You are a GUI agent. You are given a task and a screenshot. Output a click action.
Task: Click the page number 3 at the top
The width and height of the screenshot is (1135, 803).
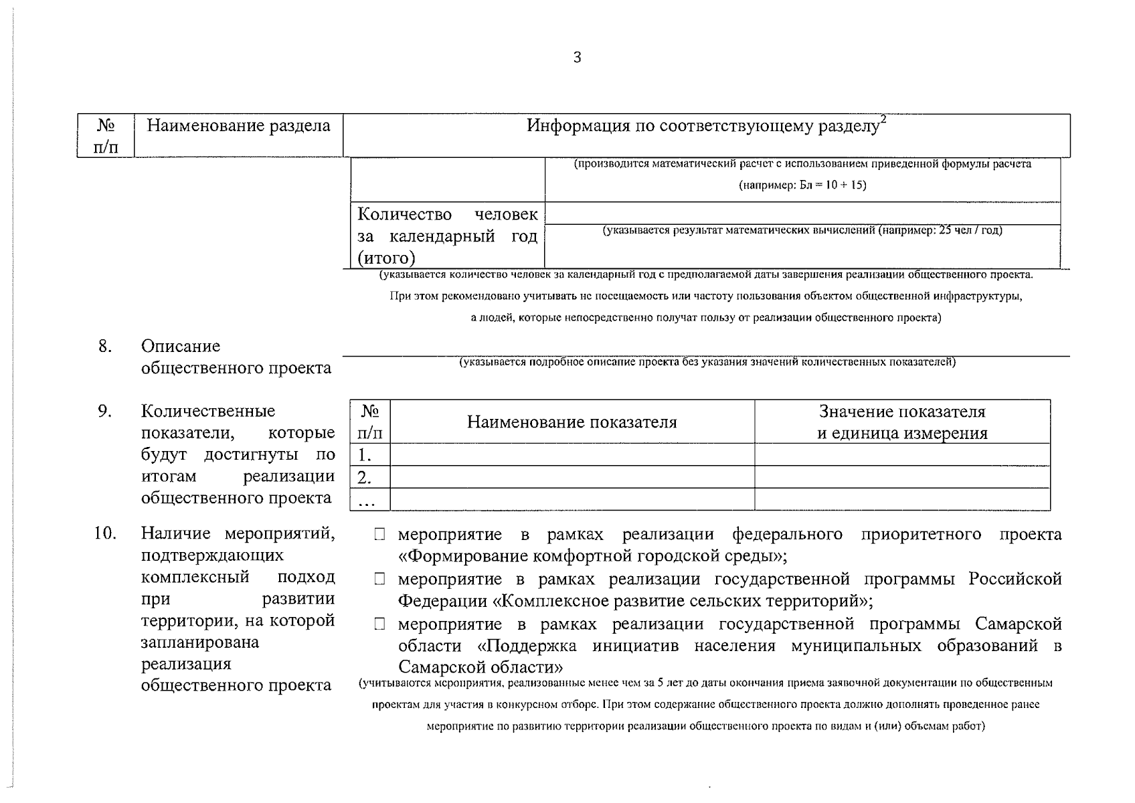[577, 58]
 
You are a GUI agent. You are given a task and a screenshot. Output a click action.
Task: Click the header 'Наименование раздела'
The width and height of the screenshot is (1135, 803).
[238, 126]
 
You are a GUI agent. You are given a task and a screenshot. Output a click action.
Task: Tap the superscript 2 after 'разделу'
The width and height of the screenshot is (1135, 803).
[883, 119]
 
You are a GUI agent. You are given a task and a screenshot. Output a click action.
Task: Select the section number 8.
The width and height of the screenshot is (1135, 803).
[104, 346]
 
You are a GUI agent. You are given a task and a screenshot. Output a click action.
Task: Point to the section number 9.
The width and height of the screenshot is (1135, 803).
[104, 411]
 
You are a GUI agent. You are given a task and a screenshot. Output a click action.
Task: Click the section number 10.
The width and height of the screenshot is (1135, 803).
[105, 533]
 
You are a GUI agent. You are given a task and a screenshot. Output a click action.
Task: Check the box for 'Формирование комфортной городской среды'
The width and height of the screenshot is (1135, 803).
[380, 535]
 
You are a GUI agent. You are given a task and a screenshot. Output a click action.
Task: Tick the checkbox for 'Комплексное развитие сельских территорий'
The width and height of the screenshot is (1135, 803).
[380, 579]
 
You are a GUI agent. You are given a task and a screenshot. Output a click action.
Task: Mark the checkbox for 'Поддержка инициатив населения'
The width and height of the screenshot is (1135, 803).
[380, 624]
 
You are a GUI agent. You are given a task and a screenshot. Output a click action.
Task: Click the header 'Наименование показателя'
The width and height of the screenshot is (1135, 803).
[572, 422]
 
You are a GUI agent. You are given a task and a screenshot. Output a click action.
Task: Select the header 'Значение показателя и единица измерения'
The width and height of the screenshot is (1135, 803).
[901, 422]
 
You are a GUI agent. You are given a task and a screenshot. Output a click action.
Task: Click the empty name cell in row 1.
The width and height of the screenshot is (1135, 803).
[572, 455]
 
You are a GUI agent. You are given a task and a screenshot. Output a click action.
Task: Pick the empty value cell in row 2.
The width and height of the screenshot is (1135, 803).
[901, 477]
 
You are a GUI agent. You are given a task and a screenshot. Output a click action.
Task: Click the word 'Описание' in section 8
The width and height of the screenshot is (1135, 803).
[180, 346]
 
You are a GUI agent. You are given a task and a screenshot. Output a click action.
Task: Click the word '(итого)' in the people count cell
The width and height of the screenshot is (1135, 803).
[386, 258]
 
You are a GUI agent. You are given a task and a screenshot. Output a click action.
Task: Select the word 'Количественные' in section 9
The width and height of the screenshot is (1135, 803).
[207, 411]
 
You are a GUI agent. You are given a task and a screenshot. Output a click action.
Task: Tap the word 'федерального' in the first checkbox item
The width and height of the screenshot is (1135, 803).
[787, 535]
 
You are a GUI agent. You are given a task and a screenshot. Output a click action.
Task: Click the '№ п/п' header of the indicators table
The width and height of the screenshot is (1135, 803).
[369, 422]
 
